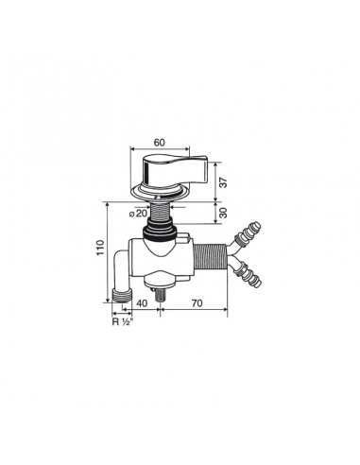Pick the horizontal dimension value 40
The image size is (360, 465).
(x=140, y=305)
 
